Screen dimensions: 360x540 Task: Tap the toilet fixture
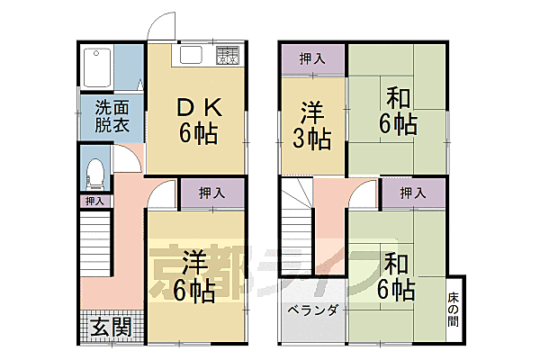pyautogui.click(x=94, y=171)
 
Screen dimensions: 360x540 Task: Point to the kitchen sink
pyautogui.click(x=193, y=55)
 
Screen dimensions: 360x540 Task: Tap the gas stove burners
pyautogui.click(x=227, y=54)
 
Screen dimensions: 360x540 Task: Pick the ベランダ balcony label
pyautogui.click(x=312, y=311)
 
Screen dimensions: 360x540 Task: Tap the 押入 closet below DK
pyautogui.click(x=212, y=193)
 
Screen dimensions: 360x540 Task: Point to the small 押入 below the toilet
pyautogui.click(x=94, y=202)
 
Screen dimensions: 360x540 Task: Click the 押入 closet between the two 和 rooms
pyautogui.click(x=412, y=193)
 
